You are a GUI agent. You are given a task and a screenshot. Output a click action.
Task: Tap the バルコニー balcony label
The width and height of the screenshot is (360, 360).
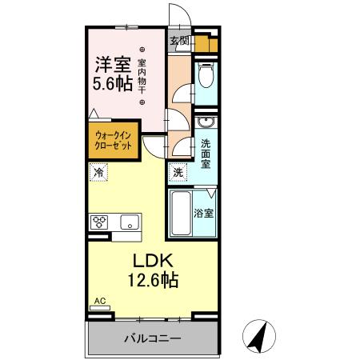[x=152, y=338]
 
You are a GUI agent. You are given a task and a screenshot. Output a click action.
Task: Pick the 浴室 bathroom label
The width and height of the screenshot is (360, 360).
[x=205, y=214]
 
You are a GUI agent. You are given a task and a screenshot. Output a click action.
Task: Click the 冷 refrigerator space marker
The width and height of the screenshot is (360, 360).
[x=98, y=171]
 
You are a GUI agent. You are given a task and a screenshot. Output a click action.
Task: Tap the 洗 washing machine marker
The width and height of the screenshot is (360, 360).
[x=178, y=171]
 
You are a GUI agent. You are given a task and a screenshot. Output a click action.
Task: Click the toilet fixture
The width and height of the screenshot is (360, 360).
[x=206, y=78]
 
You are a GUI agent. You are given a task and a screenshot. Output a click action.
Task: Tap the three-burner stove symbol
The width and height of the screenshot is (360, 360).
[x=100, y=222]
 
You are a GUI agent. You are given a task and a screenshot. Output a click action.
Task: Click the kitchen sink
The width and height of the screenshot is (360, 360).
[x=130, y=222]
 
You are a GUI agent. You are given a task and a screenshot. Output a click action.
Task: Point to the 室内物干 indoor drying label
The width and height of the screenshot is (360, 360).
[x=142, y=76]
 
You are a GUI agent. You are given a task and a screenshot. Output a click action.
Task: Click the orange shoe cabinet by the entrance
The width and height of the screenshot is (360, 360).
[x=206, y=46]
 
